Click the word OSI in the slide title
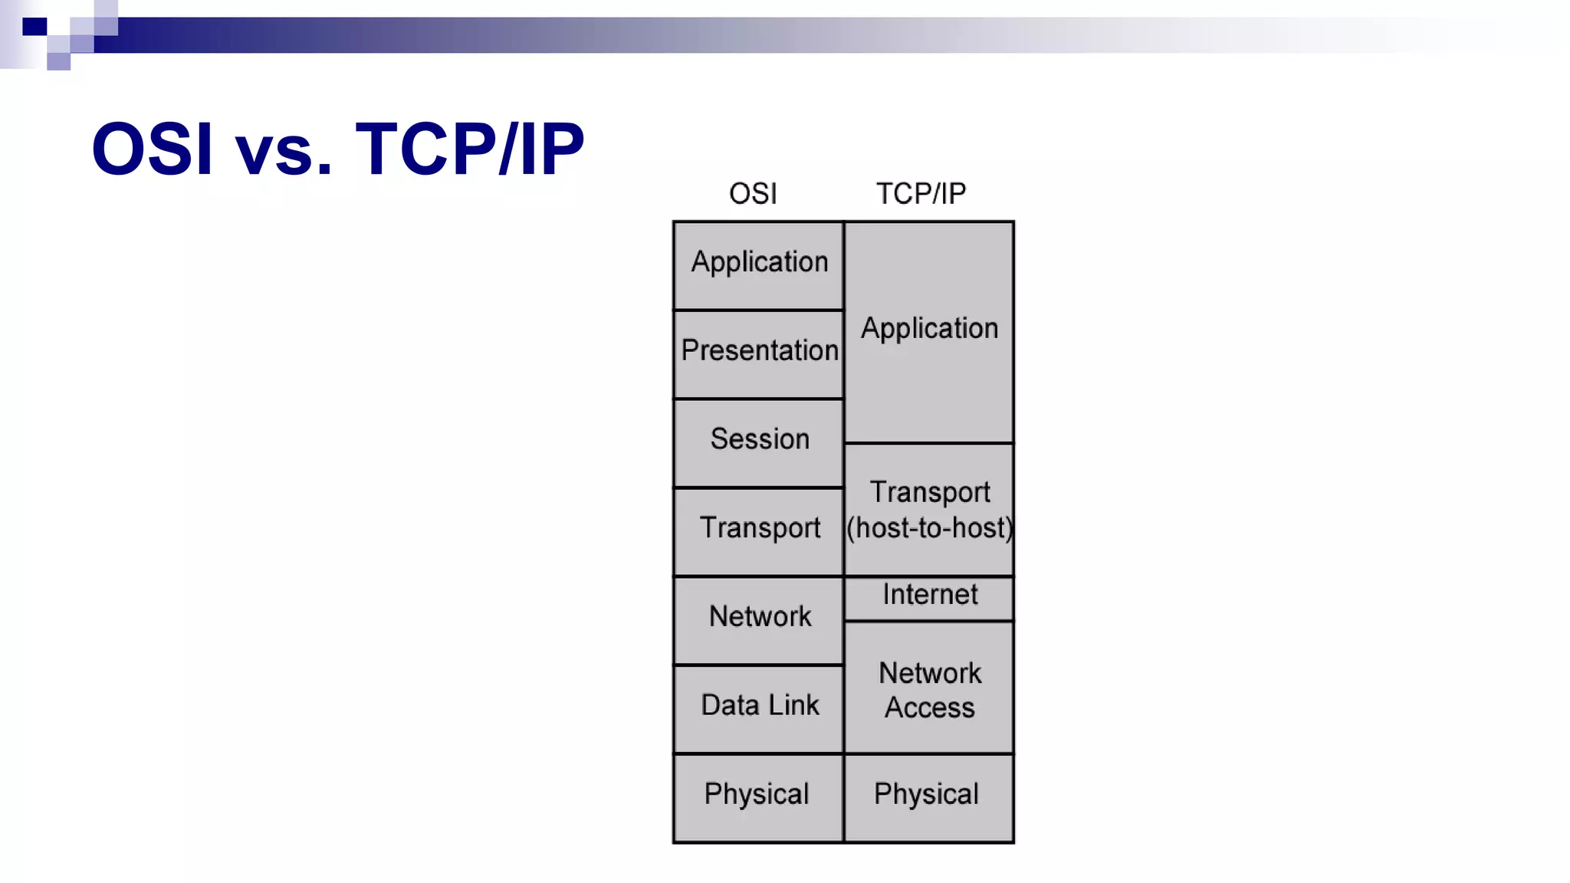click(151, 149)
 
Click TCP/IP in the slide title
click(470, 149)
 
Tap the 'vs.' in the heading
click(284, 152)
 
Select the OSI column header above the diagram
click(753, 194)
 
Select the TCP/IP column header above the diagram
click(921, 194)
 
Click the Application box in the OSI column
click(759, 265)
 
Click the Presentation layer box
click(759, 353)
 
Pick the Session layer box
click(759, 442)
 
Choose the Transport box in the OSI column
click(759, 530)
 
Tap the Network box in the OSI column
click(759, 619)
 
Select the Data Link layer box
click(759, 708)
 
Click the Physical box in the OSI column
click(757, 797)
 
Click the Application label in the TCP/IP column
click(929, 329)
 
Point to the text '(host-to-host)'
click(929, 528)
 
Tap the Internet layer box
click(929, 596)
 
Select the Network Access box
click(929, 688)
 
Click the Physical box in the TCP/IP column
click(927, 797)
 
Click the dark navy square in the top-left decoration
click(34, 27)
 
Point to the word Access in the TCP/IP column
click(929, 707)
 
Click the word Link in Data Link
click(794, 705)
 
